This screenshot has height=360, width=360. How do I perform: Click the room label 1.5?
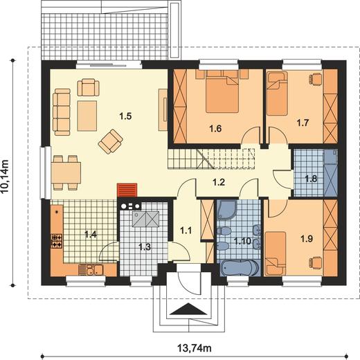(125, 116)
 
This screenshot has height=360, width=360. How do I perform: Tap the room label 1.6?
(215, 129)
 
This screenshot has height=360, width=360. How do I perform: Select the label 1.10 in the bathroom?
(242, 242)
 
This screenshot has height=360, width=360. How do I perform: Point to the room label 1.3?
(145, 247)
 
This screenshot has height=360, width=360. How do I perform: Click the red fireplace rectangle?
(127, 190)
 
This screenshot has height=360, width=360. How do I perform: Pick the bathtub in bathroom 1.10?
(240, 268)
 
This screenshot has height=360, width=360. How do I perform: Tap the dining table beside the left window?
(66, 172)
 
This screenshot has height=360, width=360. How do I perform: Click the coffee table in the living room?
(87, 116)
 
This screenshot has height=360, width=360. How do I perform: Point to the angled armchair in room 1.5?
(111, 141)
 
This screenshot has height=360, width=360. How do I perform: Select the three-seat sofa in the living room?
(62, 112)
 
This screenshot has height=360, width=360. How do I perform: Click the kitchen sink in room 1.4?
(94, 269)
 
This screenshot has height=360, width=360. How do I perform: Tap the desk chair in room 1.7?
(315, 78)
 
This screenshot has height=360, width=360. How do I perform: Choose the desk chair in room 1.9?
(315, 262)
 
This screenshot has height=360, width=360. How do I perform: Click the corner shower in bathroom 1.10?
(226, 209)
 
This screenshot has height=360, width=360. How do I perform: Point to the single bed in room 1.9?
(276, 254)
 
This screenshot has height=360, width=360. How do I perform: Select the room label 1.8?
(311, 179)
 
